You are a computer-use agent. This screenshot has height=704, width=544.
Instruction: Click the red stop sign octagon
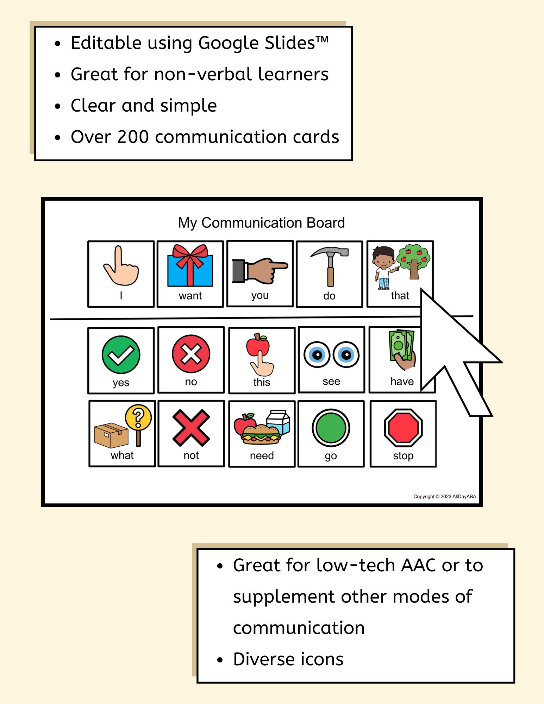(x=403, y=428)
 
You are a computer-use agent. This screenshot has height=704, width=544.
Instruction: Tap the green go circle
(x=331, y=428)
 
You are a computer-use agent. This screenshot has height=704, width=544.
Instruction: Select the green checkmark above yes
(x=121, y=354)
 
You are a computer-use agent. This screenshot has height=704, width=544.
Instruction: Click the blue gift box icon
(x=190, y=269)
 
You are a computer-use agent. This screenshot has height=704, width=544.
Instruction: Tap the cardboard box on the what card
(x=111, y=435)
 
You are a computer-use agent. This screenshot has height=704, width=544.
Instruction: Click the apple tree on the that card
(x=414, y=260)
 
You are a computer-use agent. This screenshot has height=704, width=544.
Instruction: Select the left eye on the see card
(x=317, y=354)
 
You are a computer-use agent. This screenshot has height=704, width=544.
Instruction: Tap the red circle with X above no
(x=191, y=354)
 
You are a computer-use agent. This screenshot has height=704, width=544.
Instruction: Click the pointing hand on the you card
(x=261, y=270)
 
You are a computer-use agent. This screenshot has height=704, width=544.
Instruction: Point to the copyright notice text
(x=444, y=497)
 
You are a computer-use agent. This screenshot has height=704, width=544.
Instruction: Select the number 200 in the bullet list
(x=133, y=137)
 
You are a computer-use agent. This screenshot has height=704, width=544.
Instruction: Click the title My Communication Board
(x=261, y=223)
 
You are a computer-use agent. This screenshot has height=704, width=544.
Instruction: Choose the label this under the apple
(x=262, y=382)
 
